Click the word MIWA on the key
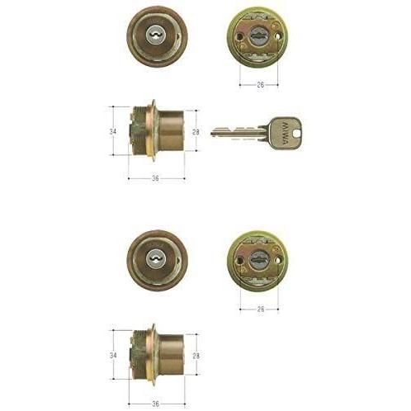[285, 134]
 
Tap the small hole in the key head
[297, 135]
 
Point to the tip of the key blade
[212, 134]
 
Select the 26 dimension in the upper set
[261, 85]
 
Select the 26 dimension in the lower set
[261, 309]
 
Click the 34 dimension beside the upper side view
[113, 131]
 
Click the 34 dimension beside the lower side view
[113, 355]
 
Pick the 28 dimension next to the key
[196, 132]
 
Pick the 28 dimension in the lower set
[196, 356]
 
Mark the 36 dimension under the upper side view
[155, 178]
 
